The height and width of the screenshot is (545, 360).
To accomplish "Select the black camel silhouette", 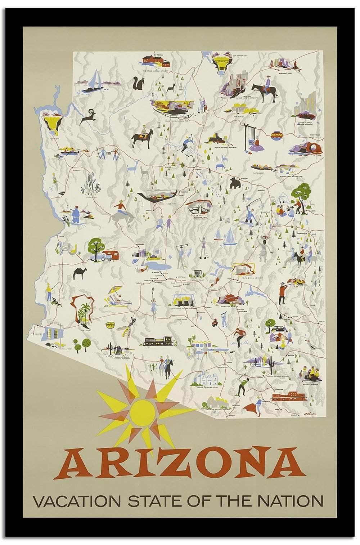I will [78, 273].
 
